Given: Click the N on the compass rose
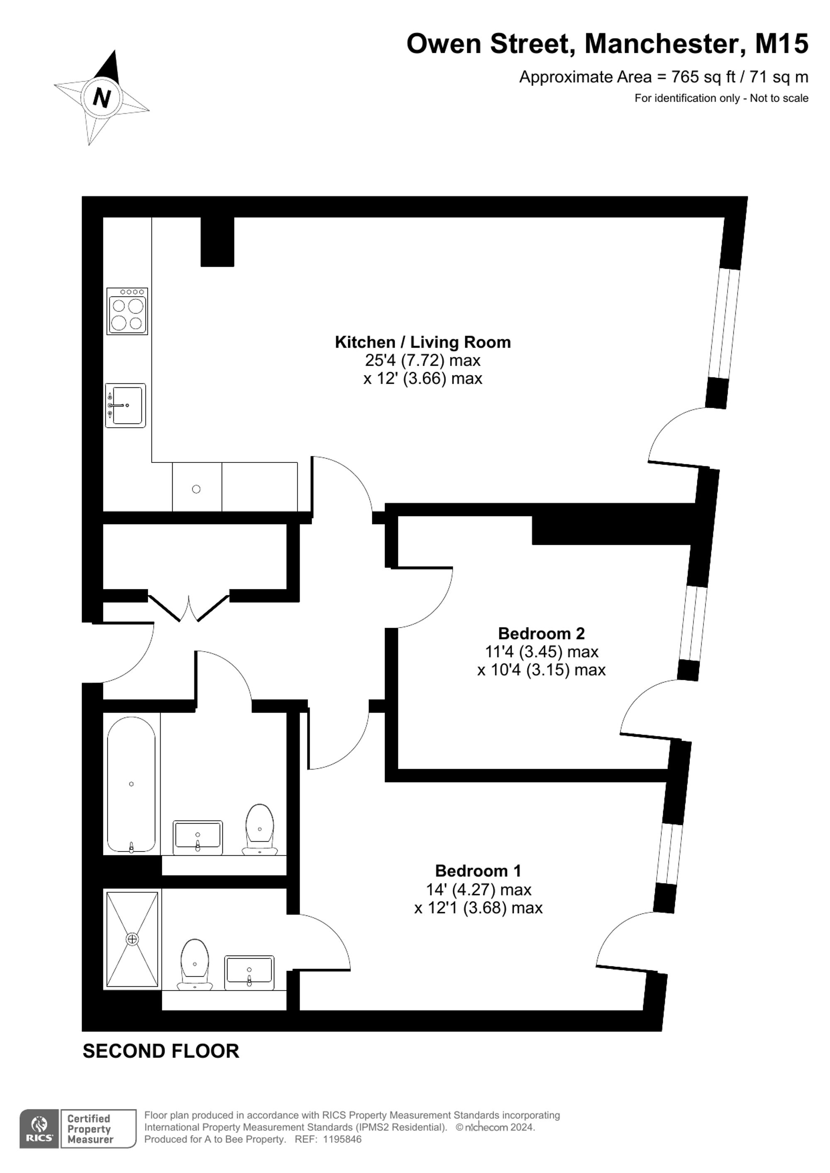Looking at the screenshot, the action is coord(102,97).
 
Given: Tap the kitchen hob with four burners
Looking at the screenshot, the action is coord(127,311).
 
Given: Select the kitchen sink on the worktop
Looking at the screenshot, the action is coord(125,405).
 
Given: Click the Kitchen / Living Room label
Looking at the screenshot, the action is coord(422,342).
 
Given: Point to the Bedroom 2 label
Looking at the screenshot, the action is coord(541,633).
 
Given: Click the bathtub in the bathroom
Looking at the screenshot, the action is coord(132,785).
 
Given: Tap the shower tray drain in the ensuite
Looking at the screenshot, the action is coord(132,939).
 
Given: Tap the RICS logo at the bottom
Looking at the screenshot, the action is coord(39,1129).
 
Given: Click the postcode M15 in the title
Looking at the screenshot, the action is coord(782,44).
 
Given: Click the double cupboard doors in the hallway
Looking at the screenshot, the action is coord(188,607).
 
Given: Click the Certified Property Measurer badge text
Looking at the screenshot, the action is coord(90,1129).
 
